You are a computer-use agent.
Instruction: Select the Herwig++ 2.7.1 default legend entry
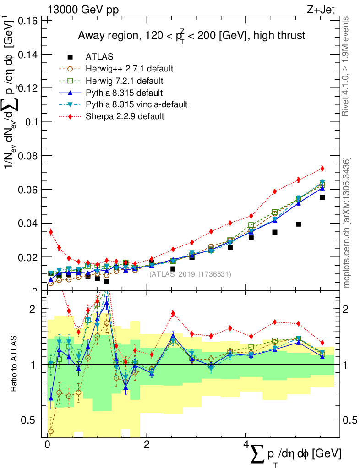pyautogui.click(x=129, y=69)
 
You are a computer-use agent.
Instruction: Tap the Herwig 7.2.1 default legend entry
pyautogui.click(x=125, y=81)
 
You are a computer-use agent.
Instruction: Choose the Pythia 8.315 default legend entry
pyautogui.click(x=123, y=93)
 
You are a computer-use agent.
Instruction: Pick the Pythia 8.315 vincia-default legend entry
pyautogui.click(x=136, y=104)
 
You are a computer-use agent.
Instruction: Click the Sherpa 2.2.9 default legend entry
pyautogui.click(x=125, y=116)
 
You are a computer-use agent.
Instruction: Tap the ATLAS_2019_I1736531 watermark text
pyautogui.click(x=190, y=274)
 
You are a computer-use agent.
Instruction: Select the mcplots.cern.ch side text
pyautogui.click(x=347, y=222)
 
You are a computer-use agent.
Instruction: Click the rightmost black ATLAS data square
pyautogui.click(x=322, y=197)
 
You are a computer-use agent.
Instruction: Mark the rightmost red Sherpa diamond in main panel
pyautogui.click(x=322, y=169)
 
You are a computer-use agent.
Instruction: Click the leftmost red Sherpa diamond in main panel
pyautogui.click(x=51, y=232)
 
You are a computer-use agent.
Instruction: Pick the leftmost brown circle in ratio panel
pyautogui.click(x=51, y=431)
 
